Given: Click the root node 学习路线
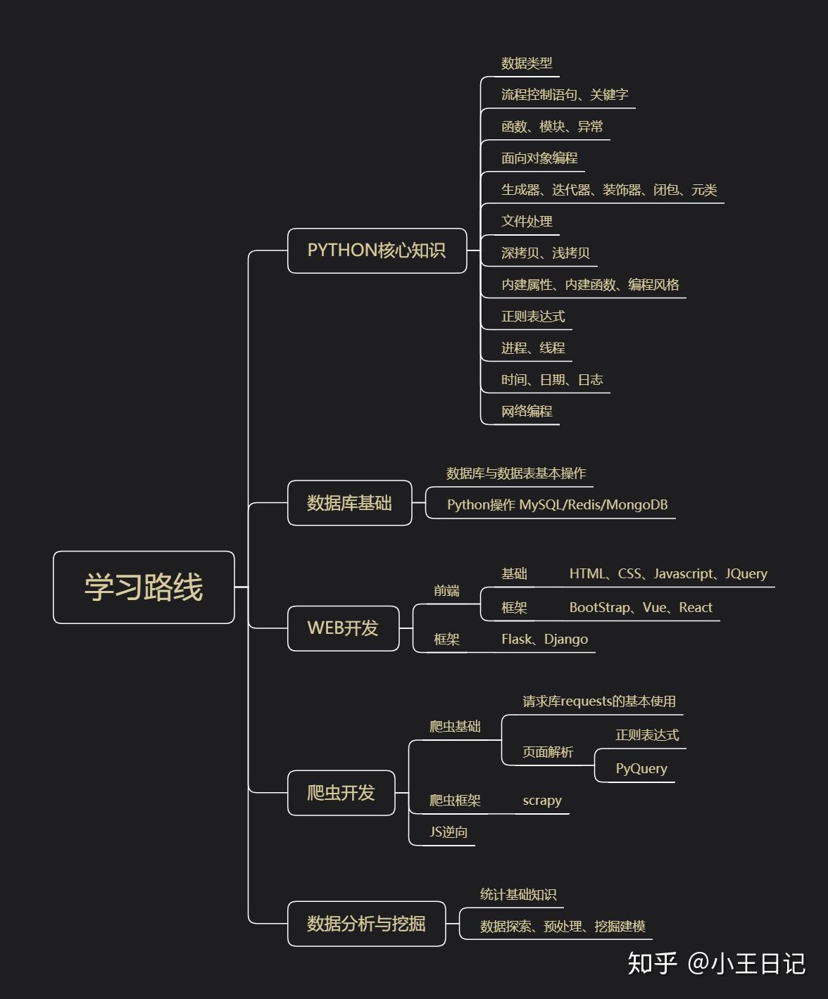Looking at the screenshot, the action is click(144, 587).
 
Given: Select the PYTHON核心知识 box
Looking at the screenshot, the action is click(377, 250).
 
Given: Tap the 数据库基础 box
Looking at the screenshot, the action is click(350, 503).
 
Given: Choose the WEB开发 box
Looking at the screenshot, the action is click(344, 628).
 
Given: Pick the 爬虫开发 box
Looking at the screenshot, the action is click(341, 793).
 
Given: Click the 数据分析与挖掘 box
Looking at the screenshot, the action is click(366, 924).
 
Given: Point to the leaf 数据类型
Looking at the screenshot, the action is click(527, 63).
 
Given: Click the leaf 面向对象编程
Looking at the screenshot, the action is click(539, 158).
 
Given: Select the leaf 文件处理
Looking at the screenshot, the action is click(527, 221).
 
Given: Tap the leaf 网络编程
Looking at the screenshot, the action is click(527, 411).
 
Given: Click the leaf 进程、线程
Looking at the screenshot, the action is click(533, 348).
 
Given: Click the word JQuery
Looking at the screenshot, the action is click(746, 573).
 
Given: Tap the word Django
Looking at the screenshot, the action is click(566, 640).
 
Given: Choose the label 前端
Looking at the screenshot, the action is click(446, 591).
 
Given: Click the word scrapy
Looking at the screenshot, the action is click(542, 801).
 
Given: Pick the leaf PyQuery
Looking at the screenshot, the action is click(641, 769).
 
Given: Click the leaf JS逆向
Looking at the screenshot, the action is click(448, 832).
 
